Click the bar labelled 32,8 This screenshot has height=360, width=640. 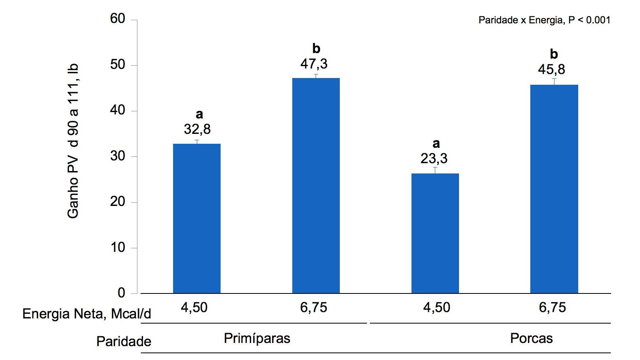tap(196, 218)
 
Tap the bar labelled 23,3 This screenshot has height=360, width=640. tap(435, 233)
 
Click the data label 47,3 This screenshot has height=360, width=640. tap(314, 64)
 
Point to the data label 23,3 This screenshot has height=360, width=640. tap(434, 158)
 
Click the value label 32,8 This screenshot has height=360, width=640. tap(197, 129)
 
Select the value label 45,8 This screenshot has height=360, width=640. tap(551, 69)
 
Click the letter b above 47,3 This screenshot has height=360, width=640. tap(316, 48)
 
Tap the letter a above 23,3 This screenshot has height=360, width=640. tap(436, 143)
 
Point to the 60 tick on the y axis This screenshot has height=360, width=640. tap(118, 19)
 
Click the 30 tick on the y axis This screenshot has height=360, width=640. tap(118, 156)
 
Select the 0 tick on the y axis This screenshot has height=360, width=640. tap(121, 293)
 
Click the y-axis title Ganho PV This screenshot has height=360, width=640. tap(73, 141)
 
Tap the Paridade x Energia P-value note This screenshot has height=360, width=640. tap(544, 20)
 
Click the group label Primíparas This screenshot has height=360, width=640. tap(257, 338)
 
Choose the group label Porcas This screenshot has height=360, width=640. tap(531, 338)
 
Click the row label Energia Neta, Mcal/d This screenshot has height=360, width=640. tap(87, 314)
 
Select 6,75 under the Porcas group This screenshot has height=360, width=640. tap(552, 307)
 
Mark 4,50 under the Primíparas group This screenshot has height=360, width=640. tap(194, 307)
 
